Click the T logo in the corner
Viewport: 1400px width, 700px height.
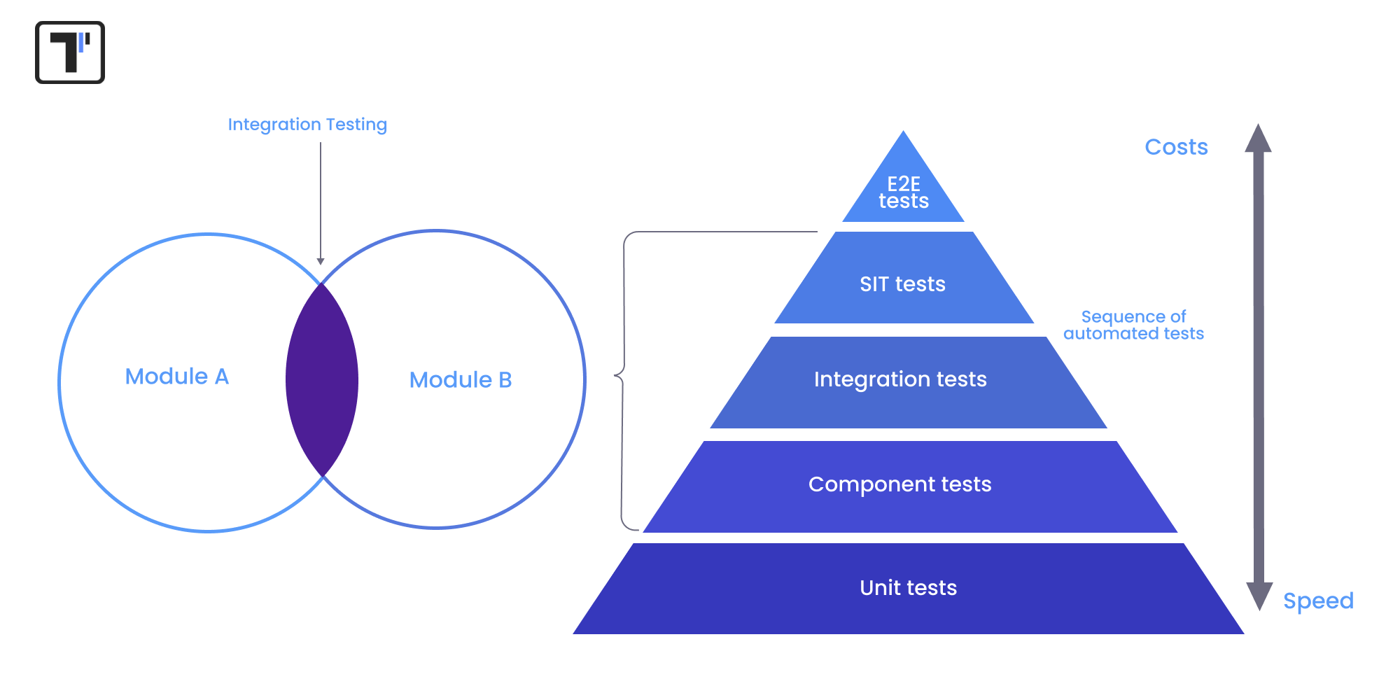pyautogui.click(x=70, y=52)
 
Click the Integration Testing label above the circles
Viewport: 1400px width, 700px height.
pyautogui.click(x=307, y=125)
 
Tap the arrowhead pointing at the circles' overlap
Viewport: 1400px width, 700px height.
pyautogui.click(x=321, y=261)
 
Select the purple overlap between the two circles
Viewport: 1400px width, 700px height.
pyautogui.click(x=322, y=380)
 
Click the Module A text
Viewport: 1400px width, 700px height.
pyautogui.click(x=177, y=377)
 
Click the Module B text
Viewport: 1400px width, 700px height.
pyautogui.click(x=461, y=380)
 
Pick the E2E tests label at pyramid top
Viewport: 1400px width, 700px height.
pyautogui.click(x=904, y=192)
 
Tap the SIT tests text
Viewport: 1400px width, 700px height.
pyautogui.click(x=902, y=284)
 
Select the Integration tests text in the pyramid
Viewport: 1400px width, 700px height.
pyautogui.click(x=900, y=379)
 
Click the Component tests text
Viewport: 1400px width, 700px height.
pyautogui.click(x=900, y=484)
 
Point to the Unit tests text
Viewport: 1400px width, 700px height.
pyautogui.click(x=908, y=588)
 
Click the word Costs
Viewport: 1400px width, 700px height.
pyautogui.click(x=1176, y=147)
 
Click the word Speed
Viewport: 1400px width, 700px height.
pyautogui.click(x=1318, y=601)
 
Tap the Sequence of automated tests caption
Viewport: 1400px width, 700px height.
pyautogui.click(x=1133, y=325)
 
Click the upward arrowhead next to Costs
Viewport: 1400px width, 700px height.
pyautogui.click(x=1258, y=139)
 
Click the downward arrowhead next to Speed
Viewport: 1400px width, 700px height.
pyautogui.click(x=1259, y=596)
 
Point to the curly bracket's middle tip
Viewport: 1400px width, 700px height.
pyautogui.click(x=616, y=376)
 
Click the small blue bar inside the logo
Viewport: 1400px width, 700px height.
pyautogui.click(x=81, y=43)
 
